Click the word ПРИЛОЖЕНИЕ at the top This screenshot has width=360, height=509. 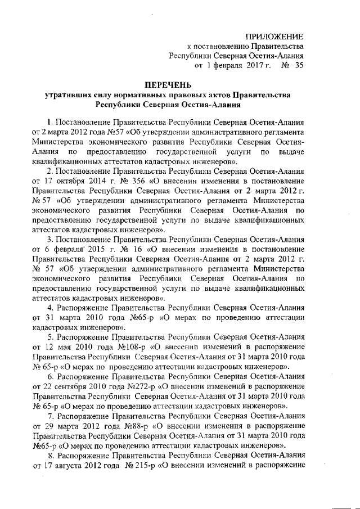tap(276, 35)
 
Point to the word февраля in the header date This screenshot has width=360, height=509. tap(231, 66)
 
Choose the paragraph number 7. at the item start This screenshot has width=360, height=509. tap(51, 417)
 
